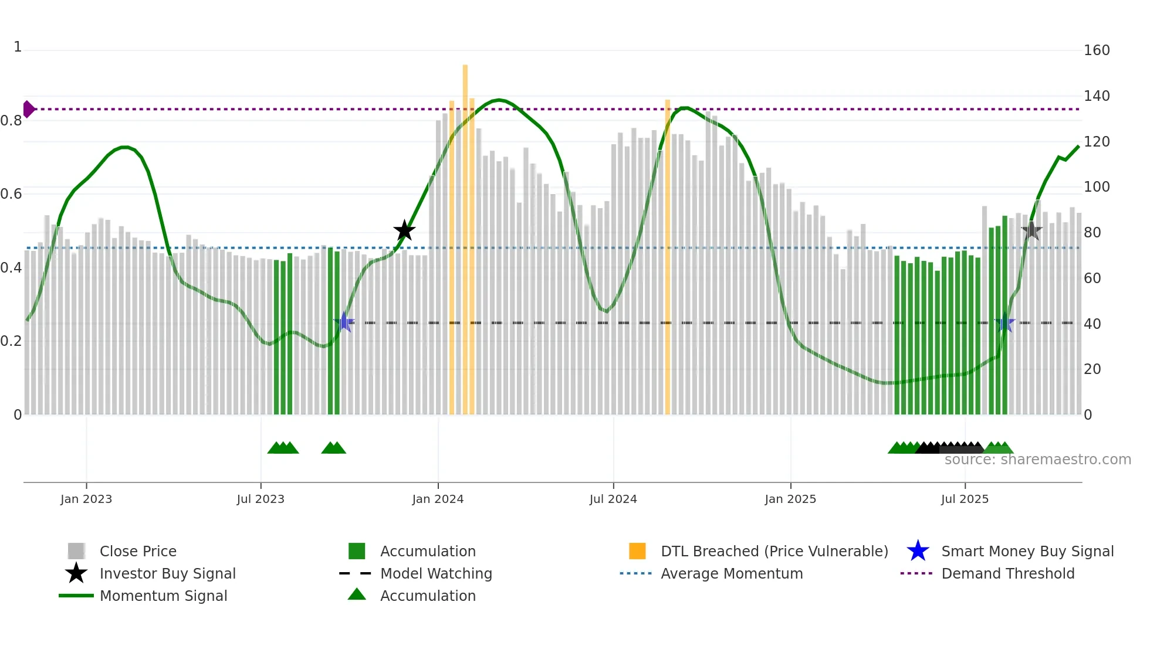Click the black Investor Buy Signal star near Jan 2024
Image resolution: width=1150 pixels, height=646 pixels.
(x=404, y=231)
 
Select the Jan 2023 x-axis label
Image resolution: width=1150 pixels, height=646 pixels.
(x=86, y=499)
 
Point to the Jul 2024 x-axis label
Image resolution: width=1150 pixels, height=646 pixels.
(x=613, y=499)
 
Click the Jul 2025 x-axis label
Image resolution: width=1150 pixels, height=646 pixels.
(x=965, y=499)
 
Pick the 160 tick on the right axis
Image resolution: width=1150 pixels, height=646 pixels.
(x=1097, y=50)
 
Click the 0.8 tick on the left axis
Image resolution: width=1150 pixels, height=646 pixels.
(x=11, y=121)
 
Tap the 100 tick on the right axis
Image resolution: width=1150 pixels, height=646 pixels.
(x=1097, y=187)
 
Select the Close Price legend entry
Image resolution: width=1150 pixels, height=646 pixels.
(x=138, y=551)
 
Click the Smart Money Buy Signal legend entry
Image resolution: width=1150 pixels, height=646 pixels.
(x=1027, y=551)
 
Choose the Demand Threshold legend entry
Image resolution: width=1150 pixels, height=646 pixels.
(x=1007, y=573)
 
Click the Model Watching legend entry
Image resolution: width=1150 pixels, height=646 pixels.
(x=436, y=573)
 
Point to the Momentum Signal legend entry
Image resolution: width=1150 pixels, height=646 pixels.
(x=163, y=596)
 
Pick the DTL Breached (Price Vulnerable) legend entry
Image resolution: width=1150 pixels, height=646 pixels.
(x=774, y=551)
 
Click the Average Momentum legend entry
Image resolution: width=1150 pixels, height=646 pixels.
(x=732, y=573)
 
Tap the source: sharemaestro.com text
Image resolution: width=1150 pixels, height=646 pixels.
(x=1037, y=460)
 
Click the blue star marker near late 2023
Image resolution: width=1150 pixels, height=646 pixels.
(x=344, y=322)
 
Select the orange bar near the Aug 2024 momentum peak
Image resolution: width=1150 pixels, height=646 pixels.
(x=668, y=258)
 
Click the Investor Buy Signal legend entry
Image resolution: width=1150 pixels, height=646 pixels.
(x=167, y=573)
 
